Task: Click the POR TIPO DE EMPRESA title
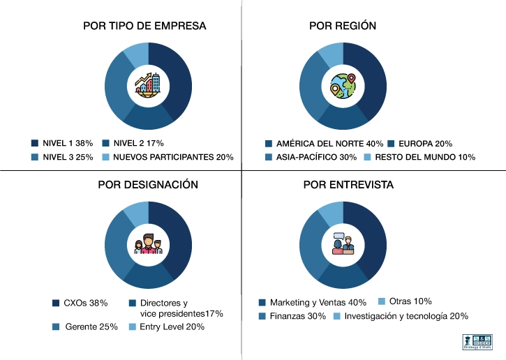(x=144, y=26)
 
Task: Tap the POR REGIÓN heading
(x=343, y=26)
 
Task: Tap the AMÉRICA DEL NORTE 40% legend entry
(x=324, y=143)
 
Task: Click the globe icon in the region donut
(x=343, y=86)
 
